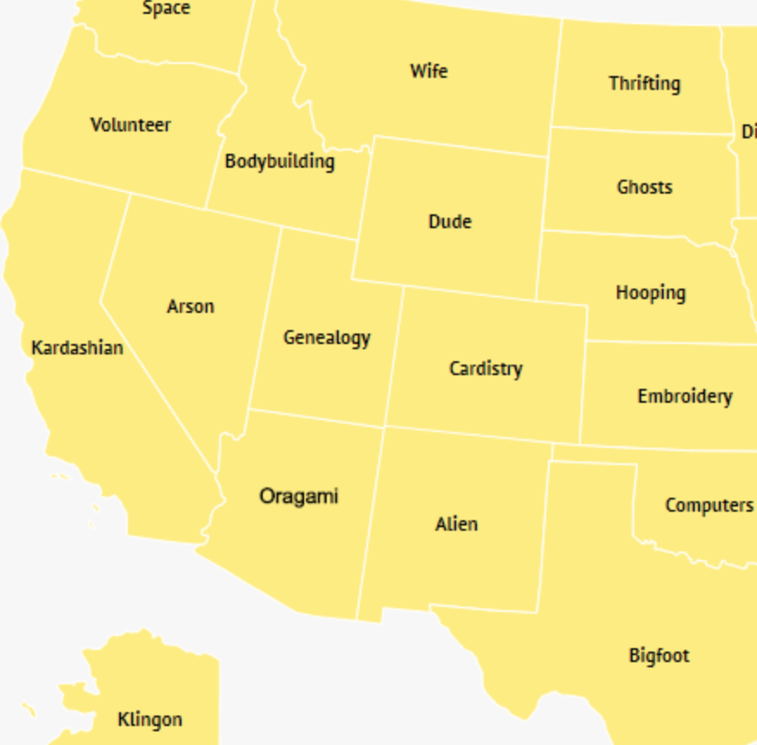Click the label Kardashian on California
(x=77, y=348)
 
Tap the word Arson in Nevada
(x=190, y=307)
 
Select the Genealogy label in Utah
(x=327, y=338)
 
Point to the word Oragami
(x=299, y=497)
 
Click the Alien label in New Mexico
(x=456, y=525)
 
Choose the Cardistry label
(x=486, y=369)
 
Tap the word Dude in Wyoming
(x=450, y=222)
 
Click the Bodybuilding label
(x=279, y=162)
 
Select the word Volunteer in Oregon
(x=130, y=125)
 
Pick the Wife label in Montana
(x=429, y=71)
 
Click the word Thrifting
(x=644, y=84)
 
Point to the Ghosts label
(x=645, y=188)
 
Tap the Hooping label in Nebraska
(x=651, y=293)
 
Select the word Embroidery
(x=684, y=397)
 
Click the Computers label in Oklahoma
(x=709, y=506)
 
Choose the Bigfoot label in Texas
(x=658, y=656)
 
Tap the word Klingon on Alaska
(x=149, y=719)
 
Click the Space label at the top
(x=166, y=9)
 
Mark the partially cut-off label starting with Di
(x=749, y=132)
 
